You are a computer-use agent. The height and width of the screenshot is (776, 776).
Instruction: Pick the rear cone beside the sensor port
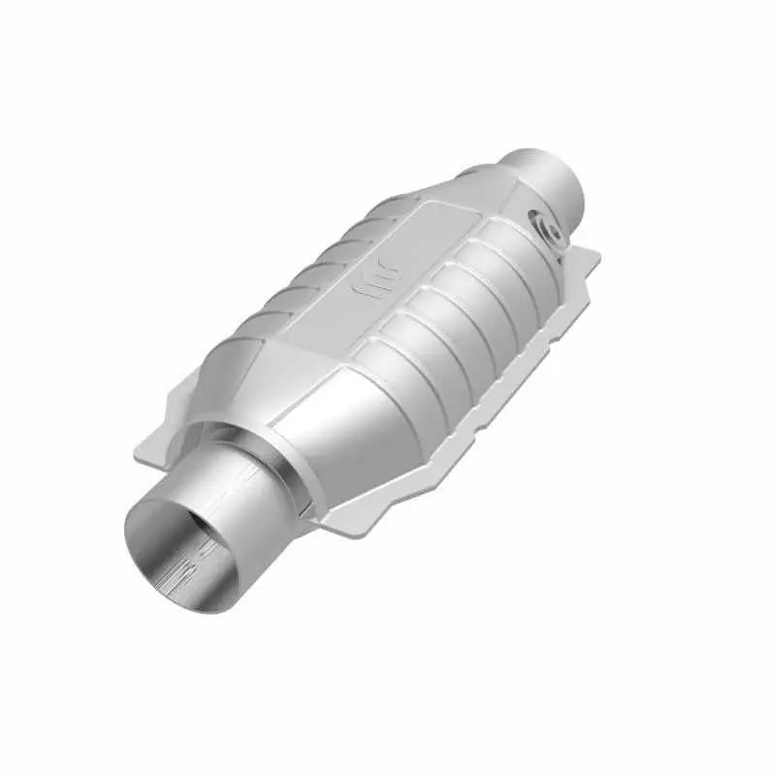(x=504, y=209)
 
